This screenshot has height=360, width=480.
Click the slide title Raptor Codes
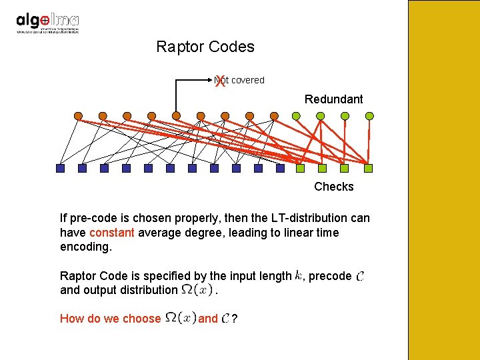[x=205, y=47]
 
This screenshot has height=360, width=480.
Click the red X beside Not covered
[x=220, y=81]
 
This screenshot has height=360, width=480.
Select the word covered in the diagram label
[x=248, y=80]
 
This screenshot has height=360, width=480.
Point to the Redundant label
[x=334, y=99]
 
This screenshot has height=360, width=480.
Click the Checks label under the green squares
[x=334, y=187]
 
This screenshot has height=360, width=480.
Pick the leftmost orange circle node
[x=78, y=116]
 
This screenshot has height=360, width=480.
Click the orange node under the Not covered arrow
[x=176, y=116]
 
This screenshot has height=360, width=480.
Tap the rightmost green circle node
[x=369, y=115]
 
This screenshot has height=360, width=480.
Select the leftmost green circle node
[x=296, y=115]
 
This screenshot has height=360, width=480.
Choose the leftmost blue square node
[x=60, y=169]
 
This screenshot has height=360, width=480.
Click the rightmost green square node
[x=369, y=169]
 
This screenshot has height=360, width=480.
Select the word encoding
[x=86, y=247]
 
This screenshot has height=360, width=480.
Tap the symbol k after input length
[x=298, y=275]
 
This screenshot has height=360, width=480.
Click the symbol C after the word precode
[x=360, y=276]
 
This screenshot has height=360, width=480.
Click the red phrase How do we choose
[x=110, y=319]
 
